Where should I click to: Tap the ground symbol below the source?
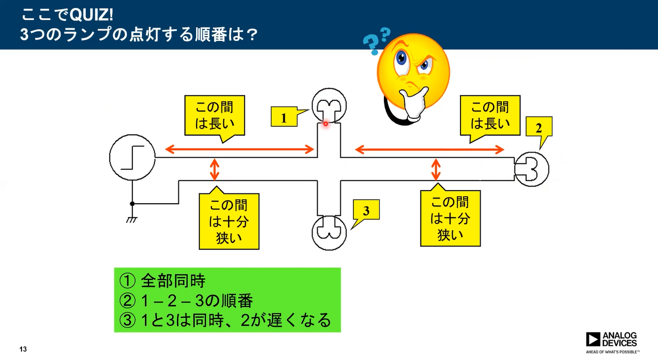[x=131, y=220]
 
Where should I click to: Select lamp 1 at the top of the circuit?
[x=329, y=105]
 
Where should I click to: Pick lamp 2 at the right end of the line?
[x=531, y=169]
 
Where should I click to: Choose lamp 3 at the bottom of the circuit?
[x=329, y=233]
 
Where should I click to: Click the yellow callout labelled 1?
[x=284, y=117]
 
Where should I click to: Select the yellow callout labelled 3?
[x=366, y=210]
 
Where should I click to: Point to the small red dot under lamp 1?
[x=325, y=124]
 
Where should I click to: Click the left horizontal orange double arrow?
[x=239, y=149]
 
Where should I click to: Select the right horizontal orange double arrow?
[x=430, y=150]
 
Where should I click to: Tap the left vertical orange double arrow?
[x=215, y=169]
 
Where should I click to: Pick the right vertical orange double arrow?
[x=436, y=169]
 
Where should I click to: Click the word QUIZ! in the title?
[x=92, y=15]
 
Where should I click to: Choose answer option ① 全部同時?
[x=162, y=281]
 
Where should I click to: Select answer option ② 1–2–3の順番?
[x=186, y=301]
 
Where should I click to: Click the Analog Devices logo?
[x=612, y=342]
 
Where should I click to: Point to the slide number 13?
[x=23, y=349]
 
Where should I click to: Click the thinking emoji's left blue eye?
[x=401, y=58]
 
